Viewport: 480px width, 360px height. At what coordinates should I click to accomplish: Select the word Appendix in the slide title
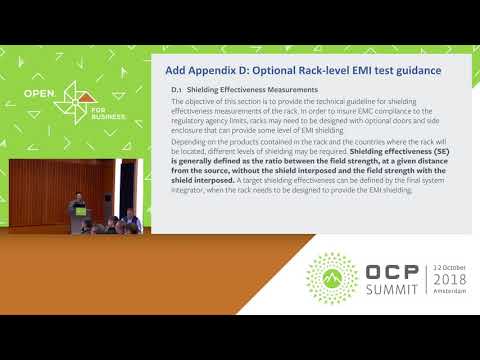pos(216,70)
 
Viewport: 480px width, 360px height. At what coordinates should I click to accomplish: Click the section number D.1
pos(177,90)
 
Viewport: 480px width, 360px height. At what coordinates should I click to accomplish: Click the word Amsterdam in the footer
pos(451,298)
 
